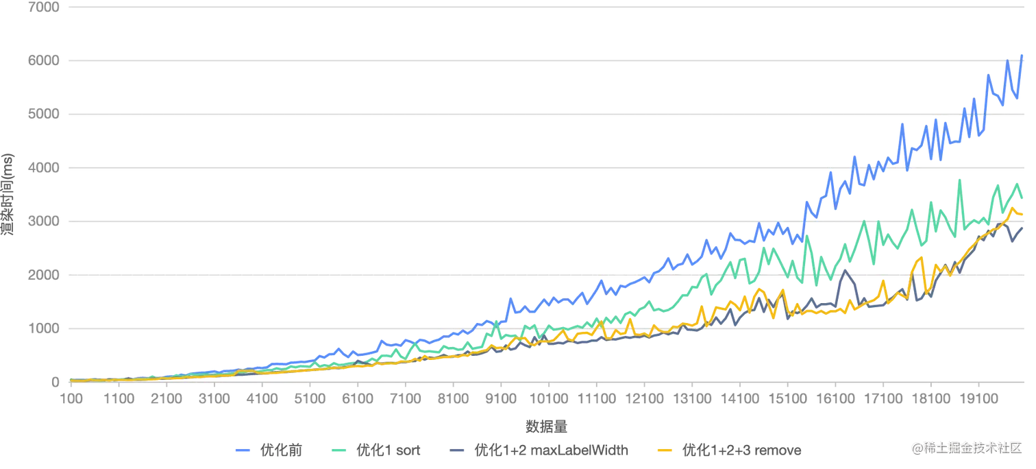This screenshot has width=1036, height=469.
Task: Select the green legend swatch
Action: [341, 450]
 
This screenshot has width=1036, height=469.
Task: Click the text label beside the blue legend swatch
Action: [280, 450]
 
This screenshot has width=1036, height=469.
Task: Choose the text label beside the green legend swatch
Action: [388, 450]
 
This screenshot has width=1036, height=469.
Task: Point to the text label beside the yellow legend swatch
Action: [741, 450]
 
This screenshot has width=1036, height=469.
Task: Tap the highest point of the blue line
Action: [1022, 53]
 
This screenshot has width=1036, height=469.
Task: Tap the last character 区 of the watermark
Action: [1015, 448]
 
